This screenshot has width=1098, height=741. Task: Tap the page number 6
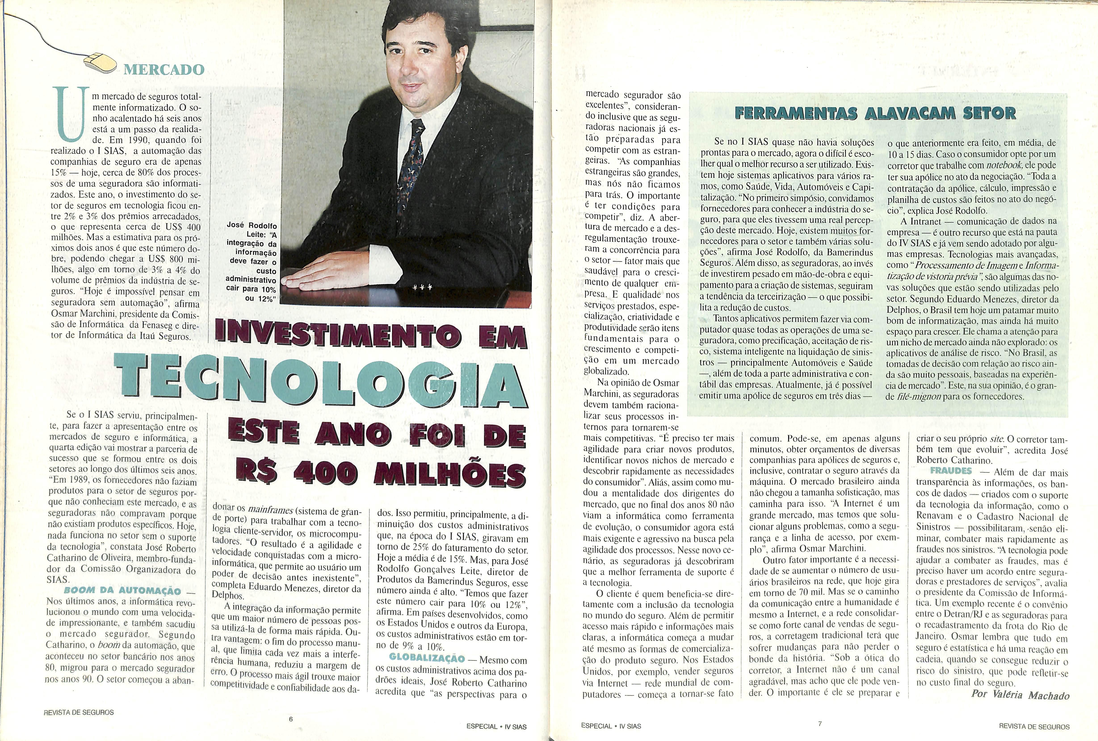tap(291, 719)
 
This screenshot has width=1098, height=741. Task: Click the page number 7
tap(820, 724)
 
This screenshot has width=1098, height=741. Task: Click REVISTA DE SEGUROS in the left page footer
tap(78, 712)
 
